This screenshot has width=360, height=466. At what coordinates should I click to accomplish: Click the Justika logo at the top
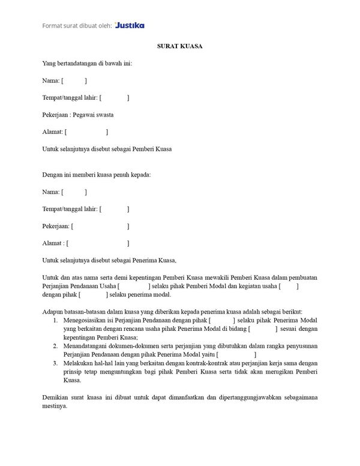(130, 25)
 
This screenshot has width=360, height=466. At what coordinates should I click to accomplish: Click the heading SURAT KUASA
(179, 46)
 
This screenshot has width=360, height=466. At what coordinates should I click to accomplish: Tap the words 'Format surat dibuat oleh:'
(76, 25)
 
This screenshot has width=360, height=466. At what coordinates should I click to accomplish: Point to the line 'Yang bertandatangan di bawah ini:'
(87, 63)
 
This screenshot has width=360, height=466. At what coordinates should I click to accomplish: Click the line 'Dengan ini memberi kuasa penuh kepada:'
(96, 175)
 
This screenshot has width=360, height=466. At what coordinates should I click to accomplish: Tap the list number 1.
(55, 321)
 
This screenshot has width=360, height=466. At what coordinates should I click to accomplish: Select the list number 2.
(55, 346)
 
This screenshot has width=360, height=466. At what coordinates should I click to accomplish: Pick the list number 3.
(55, 363)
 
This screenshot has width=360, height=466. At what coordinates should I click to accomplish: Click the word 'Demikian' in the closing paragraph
(55, 398)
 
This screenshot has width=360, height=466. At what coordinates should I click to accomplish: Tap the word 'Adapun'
(53, 312)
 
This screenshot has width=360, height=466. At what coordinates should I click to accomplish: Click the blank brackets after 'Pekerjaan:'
(100, 226)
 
